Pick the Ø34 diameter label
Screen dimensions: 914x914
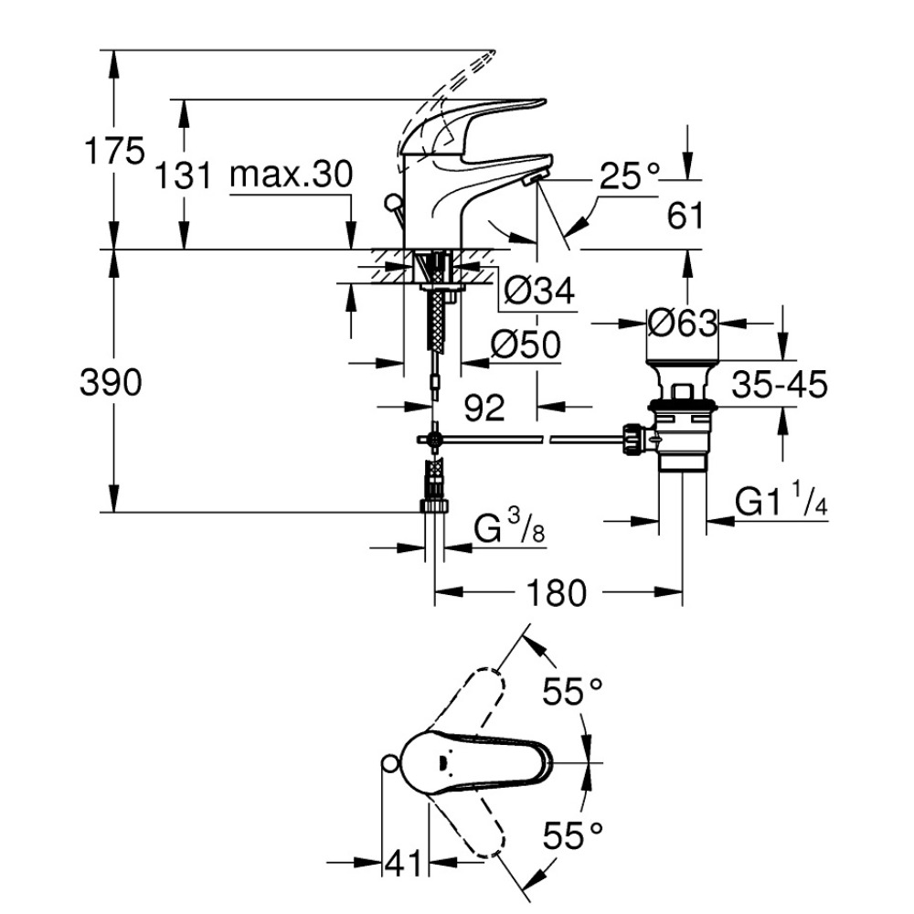tap(539, 292)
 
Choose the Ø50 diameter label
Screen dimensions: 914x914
tap(525, 345)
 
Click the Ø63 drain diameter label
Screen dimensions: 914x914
tap(681, 323)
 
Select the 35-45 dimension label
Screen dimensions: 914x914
tap(779, 385)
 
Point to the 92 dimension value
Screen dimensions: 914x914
tap(484, 408)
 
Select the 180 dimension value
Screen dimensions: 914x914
tap(556, 594)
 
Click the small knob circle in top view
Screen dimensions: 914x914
tap(390, 764)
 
